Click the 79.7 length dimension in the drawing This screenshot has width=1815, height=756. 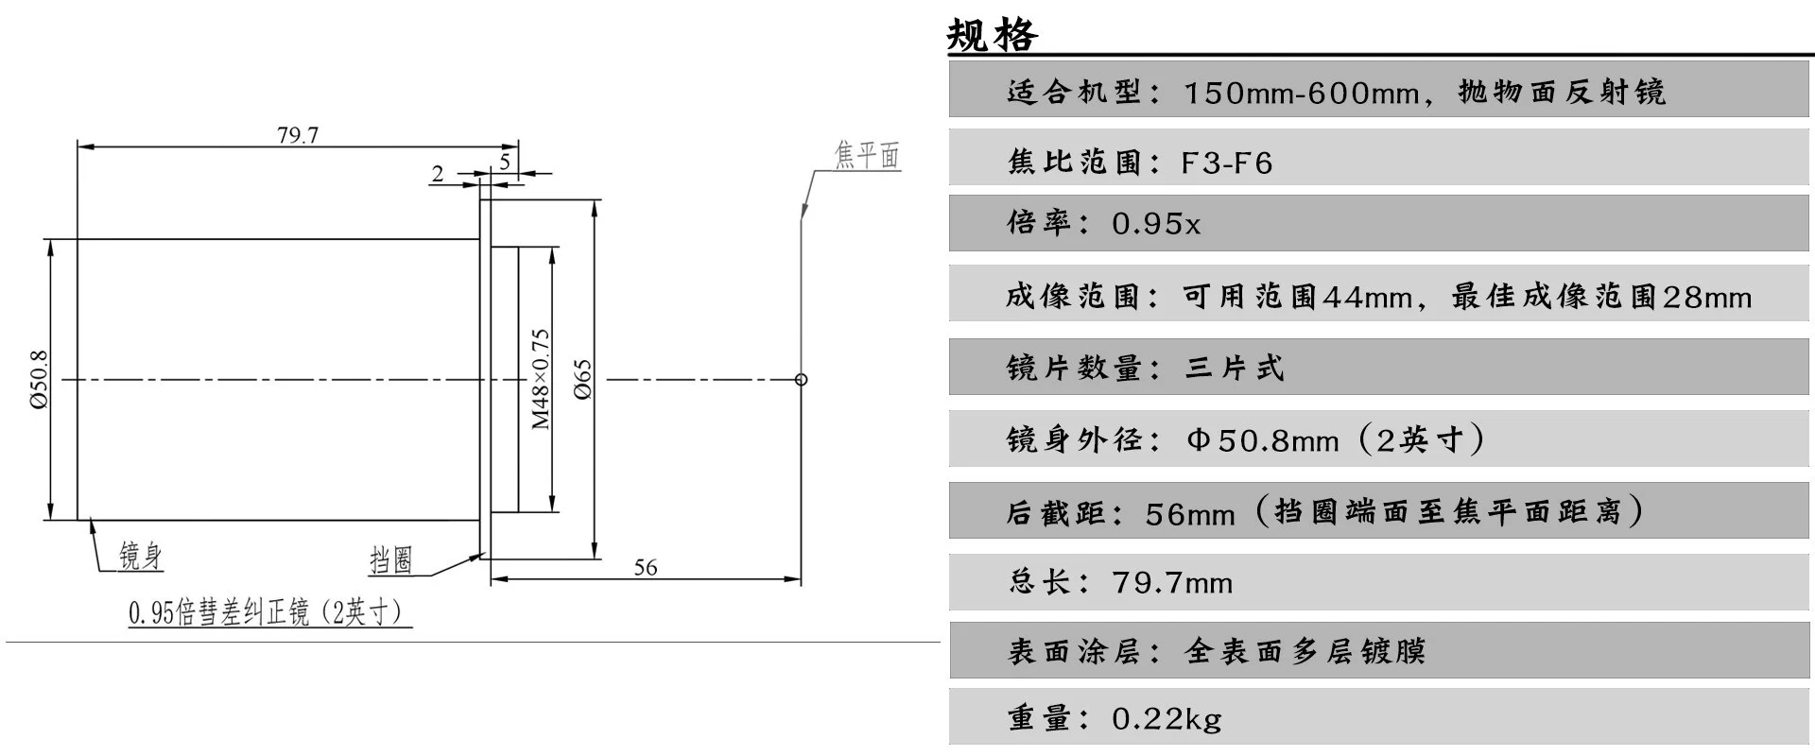pyautogui.click(x=298, y=135)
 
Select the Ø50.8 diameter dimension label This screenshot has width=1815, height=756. pyautogui.click(x=39, y=379)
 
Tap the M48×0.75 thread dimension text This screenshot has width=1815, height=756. pyautogui.click(x=540, y=379)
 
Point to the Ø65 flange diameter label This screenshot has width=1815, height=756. pyautogui.click(x=582, y=379)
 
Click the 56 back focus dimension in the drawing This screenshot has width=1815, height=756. pyautogui.click(x=646, y=567)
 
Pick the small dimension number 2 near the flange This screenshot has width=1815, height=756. pyautogui.click(x=438, y=174)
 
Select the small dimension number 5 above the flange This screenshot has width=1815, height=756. pyautogui.click(x=505, y=162)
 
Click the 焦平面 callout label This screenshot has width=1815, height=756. pyautogui.click(x=867, y=155)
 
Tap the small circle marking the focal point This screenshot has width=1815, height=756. pyautogui.click(x=802, y=380)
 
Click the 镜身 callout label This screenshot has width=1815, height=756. pyautogui.click(x=141, y=556)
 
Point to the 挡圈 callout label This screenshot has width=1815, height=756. pyautogui.click(x=391, y=559)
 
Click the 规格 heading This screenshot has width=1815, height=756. pyautogui.click(x=992, y=35)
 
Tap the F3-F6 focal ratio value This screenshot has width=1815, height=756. pyautogui.click(x=1226, y=163)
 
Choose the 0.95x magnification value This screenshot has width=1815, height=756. pyautogui.click(x=1155, y=224)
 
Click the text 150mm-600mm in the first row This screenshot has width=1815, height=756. pyautogui.click(x=1301, y=93)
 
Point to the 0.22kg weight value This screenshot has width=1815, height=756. pyautogui.click(x=1167, y=719)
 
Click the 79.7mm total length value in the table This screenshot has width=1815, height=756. pyautogui.click(x=1172, y=582)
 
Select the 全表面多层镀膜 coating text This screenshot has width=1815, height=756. pyautogui.click(x=1305, y=651)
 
